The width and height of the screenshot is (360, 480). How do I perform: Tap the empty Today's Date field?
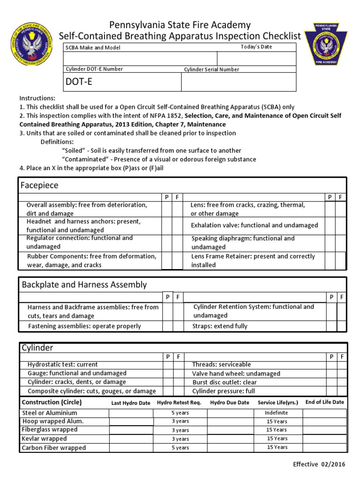256,59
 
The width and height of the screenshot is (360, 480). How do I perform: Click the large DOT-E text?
80,82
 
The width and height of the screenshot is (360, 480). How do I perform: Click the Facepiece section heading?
40,186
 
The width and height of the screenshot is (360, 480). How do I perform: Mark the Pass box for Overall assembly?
166,209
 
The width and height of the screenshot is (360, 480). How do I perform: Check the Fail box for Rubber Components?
177,261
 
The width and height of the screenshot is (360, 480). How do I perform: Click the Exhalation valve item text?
254,225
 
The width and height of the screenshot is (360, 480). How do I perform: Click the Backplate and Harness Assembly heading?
84,285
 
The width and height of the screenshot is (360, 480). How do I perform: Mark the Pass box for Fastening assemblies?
167,326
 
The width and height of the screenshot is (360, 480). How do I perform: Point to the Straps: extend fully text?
219,326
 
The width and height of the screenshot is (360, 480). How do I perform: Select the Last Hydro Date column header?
131,403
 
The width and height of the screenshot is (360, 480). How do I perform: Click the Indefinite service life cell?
277,413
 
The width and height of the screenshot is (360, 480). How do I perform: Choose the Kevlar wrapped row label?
45,439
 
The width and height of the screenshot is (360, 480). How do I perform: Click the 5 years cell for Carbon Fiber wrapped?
180,448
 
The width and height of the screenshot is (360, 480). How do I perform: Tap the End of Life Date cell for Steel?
324,413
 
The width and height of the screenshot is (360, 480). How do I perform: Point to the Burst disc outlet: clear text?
225,382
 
